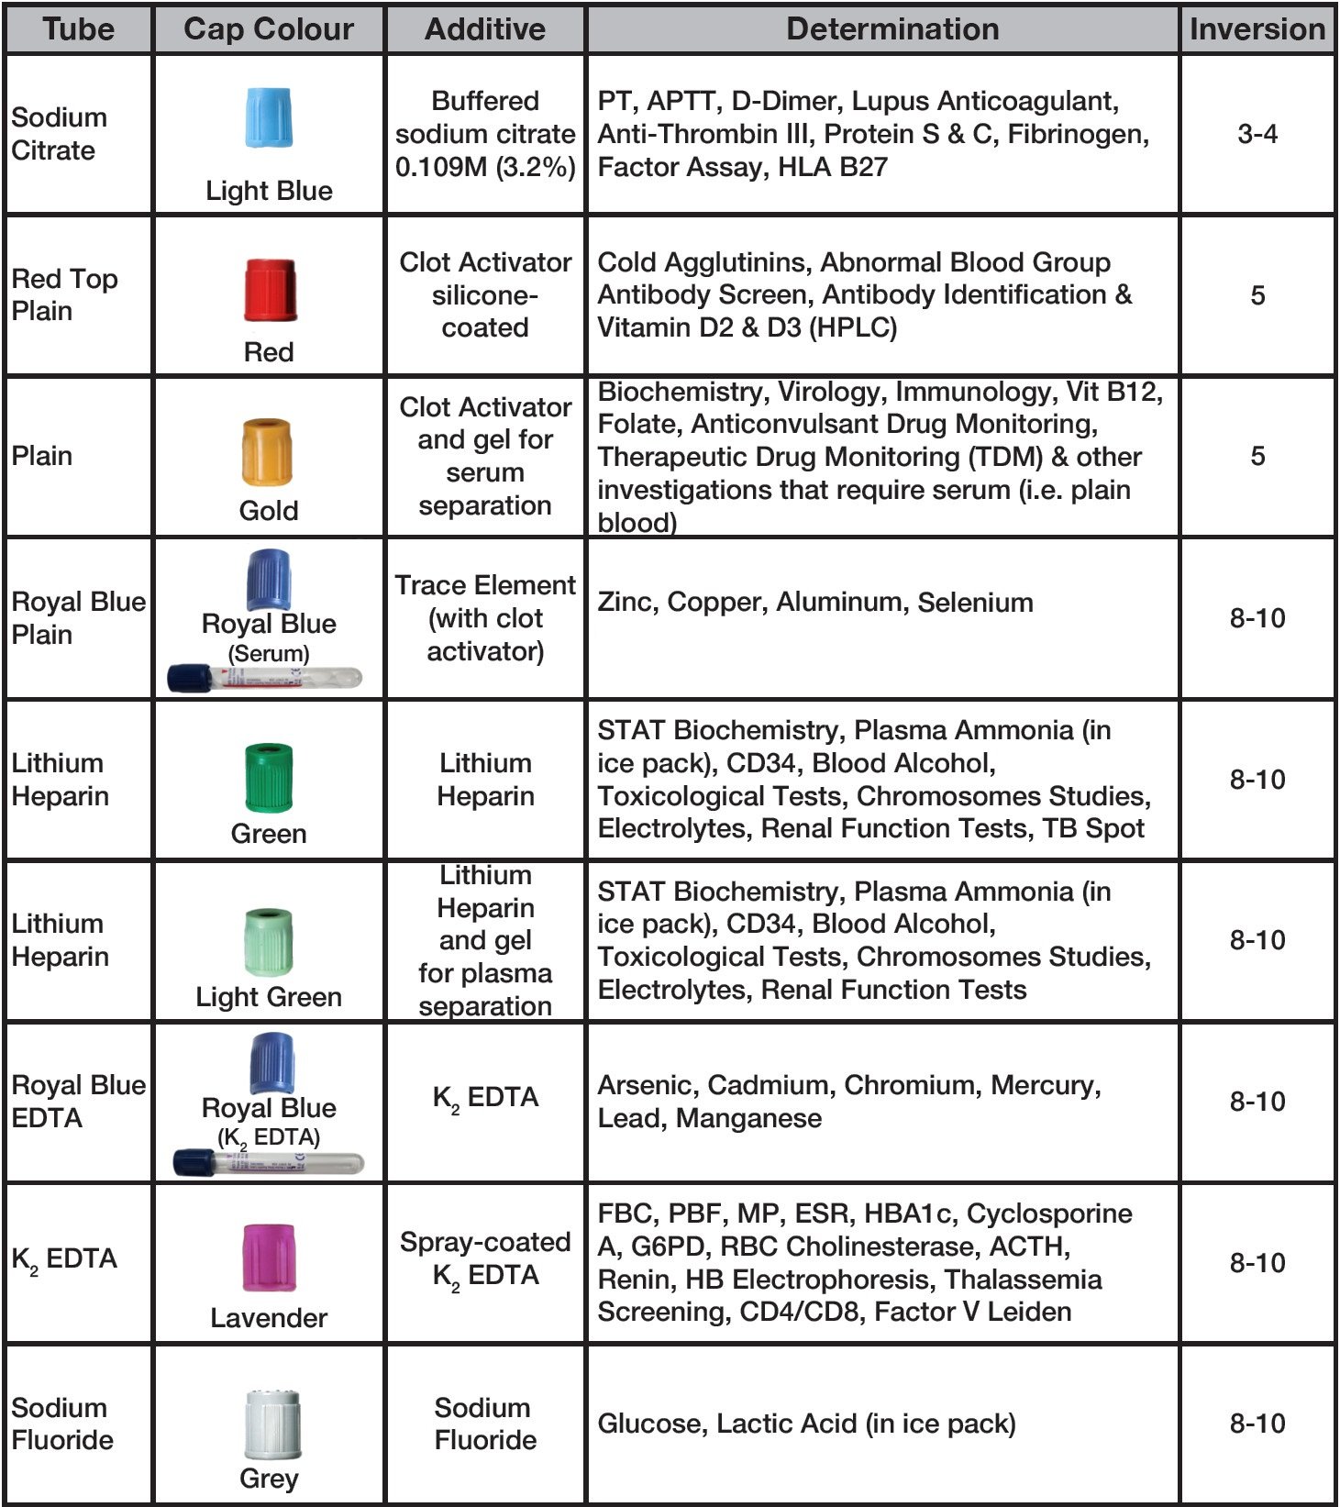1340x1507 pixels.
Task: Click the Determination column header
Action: [891, 29]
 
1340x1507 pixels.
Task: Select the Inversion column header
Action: [1257, 29]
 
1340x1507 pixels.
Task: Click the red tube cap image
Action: [269, 290]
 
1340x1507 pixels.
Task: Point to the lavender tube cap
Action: [269, 1257]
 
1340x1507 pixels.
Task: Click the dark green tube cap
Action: [269, 778]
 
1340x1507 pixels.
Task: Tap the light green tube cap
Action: [269, 942]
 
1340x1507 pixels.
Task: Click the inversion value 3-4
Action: [1257, 134]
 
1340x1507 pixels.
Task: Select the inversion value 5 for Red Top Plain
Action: [1257, 295]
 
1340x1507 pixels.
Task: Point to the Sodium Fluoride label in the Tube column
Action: [61, 1424]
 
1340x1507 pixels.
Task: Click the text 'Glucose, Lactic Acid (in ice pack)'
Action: [806, 1424]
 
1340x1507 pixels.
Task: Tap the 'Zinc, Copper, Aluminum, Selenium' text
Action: [814, 603]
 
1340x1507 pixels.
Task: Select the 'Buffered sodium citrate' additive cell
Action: [485, 134]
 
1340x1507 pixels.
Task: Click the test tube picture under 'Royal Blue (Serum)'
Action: [265, 679]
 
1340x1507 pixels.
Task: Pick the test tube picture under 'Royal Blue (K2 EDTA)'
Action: [269, 1163]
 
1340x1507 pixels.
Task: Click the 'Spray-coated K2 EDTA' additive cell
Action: [485, 1258]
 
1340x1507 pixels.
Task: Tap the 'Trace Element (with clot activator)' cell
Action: [485, 618]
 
